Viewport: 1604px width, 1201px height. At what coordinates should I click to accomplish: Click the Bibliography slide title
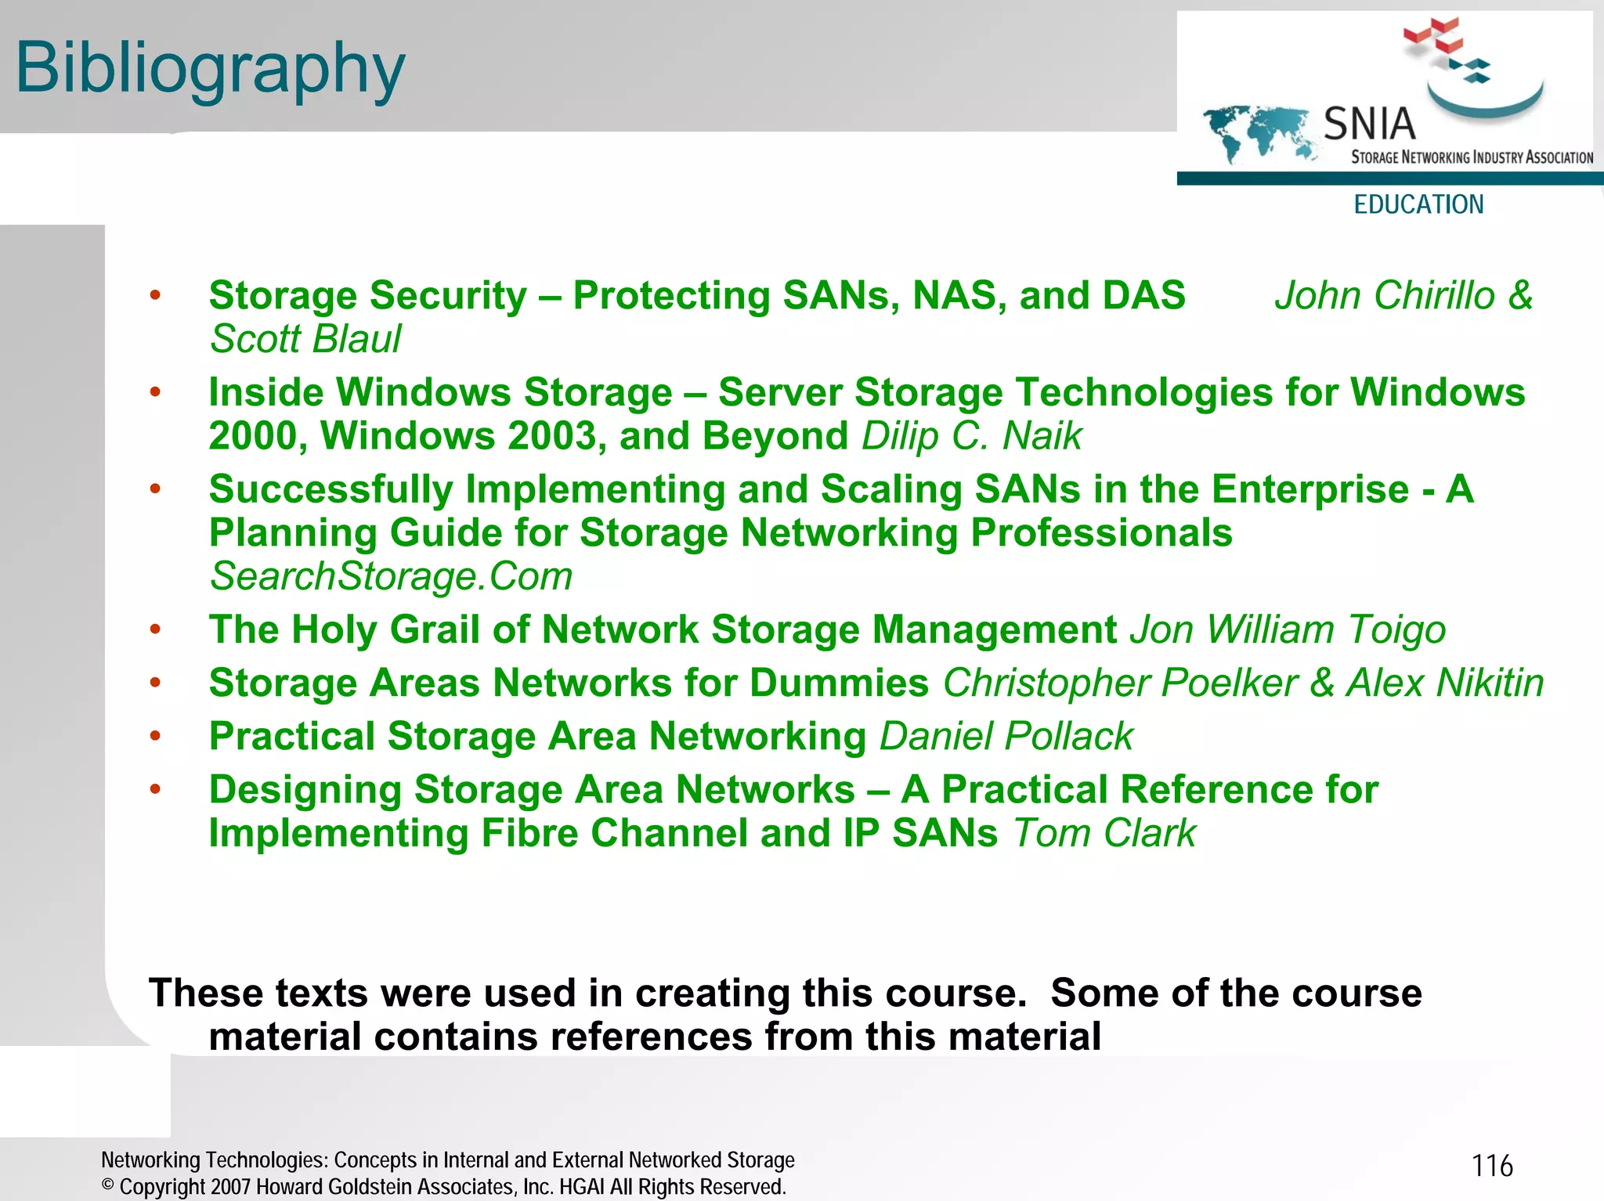(210, 69)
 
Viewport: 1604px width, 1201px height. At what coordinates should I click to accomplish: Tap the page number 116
(1492, 1166)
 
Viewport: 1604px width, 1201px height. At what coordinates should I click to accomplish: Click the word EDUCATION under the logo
(1418, 204)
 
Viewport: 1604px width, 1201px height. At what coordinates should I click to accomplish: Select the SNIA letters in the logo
(1369, 124)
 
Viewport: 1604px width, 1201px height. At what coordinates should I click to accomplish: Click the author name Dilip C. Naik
(971, 436)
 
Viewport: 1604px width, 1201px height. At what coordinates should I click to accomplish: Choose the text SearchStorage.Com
(391, 577)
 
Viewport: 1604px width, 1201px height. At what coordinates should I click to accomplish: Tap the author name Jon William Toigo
(1287, 629)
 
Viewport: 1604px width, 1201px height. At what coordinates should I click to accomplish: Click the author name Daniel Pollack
(1006, 737)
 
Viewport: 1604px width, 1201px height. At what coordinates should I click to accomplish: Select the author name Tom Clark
(1104, 833)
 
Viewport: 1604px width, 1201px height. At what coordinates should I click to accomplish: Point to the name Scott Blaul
(305, 339)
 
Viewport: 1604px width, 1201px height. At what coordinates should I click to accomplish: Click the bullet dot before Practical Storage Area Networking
(155, 736)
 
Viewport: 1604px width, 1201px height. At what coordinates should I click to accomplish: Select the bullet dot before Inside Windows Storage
(155, 391)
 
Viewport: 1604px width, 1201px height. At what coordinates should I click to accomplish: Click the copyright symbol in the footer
(108, 1185)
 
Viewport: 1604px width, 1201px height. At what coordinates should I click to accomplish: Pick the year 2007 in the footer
(230, 1187)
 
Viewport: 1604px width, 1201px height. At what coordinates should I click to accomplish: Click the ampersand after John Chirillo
(1520, 296)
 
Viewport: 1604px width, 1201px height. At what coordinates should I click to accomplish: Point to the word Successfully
(331, 489)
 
